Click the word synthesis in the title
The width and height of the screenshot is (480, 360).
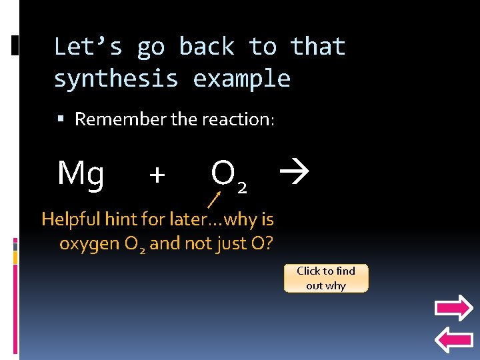[116, 79]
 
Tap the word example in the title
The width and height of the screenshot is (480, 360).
[242, 79]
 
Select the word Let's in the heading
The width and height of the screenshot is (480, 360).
[88, 47]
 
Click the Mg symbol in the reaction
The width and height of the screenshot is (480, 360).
[81, 173]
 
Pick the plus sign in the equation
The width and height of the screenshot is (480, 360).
[157, 175]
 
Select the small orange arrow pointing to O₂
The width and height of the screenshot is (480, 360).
[214, 198]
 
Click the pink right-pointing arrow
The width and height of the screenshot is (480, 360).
[453, 309]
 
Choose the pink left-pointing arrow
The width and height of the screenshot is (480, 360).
[453, 340]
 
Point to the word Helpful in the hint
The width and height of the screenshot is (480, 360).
[69, 219]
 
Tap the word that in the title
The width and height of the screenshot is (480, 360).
[317, 47]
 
